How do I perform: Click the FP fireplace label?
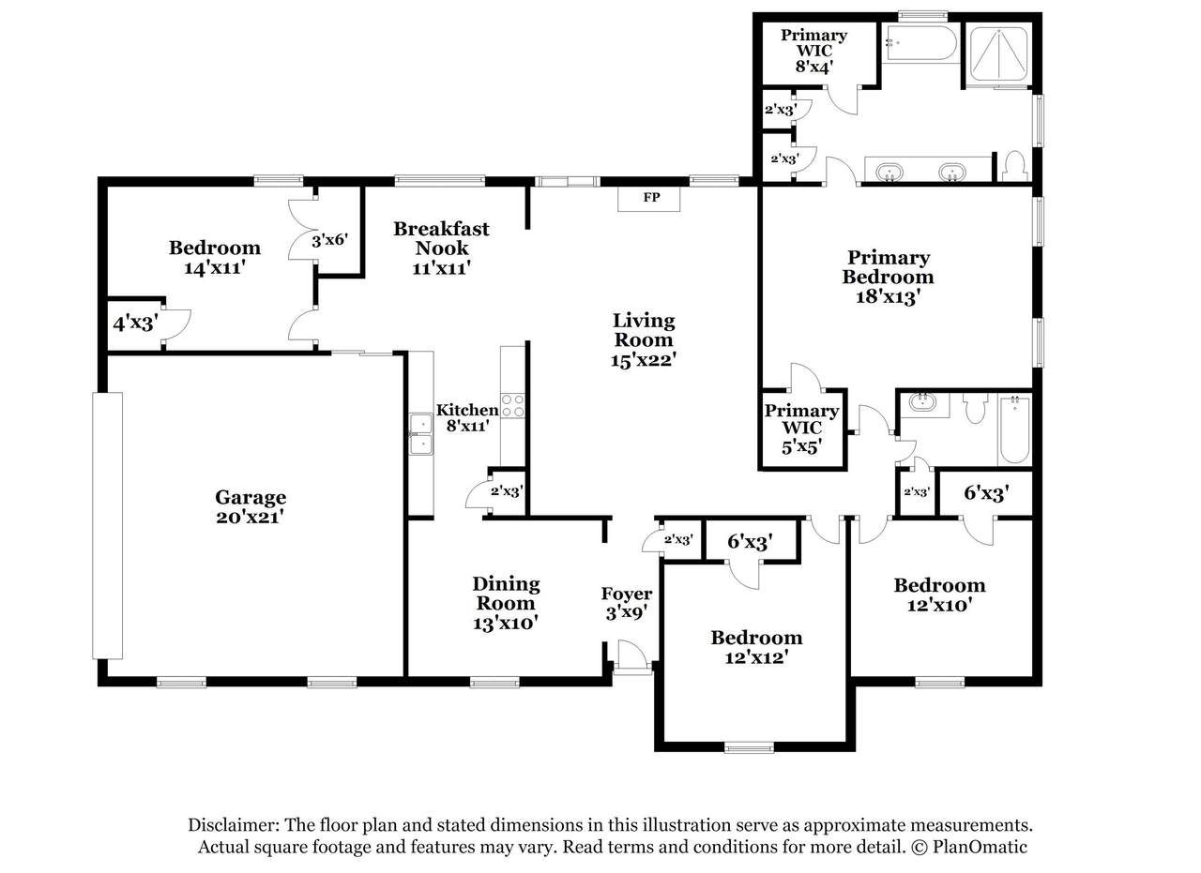[x=651, y=197]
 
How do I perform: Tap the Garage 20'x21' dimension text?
[x=250, y=518]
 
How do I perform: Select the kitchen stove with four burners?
[x=512, y=406]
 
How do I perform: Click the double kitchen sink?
[x=421, y=434]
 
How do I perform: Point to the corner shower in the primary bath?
[x=999, y=54]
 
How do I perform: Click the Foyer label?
[x=626, y=594]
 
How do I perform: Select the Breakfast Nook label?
[x=441, y=238]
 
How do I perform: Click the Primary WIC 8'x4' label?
[x=813, y=52]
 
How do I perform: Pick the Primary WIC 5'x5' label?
[x=801, y=429]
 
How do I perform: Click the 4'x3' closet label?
[x=135, y=324]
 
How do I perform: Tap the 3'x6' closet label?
[x=329, y=240]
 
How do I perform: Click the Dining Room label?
[x=506, y=594]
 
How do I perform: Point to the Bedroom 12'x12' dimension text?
[x=756, y=657]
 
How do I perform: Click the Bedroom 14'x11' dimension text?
[x=215, y=267]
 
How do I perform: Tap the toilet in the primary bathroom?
[x=1014, y=166]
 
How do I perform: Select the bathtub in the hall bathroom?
[x=1014, y=429]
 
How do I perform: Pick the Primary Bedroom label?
[x=888, y=267]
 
